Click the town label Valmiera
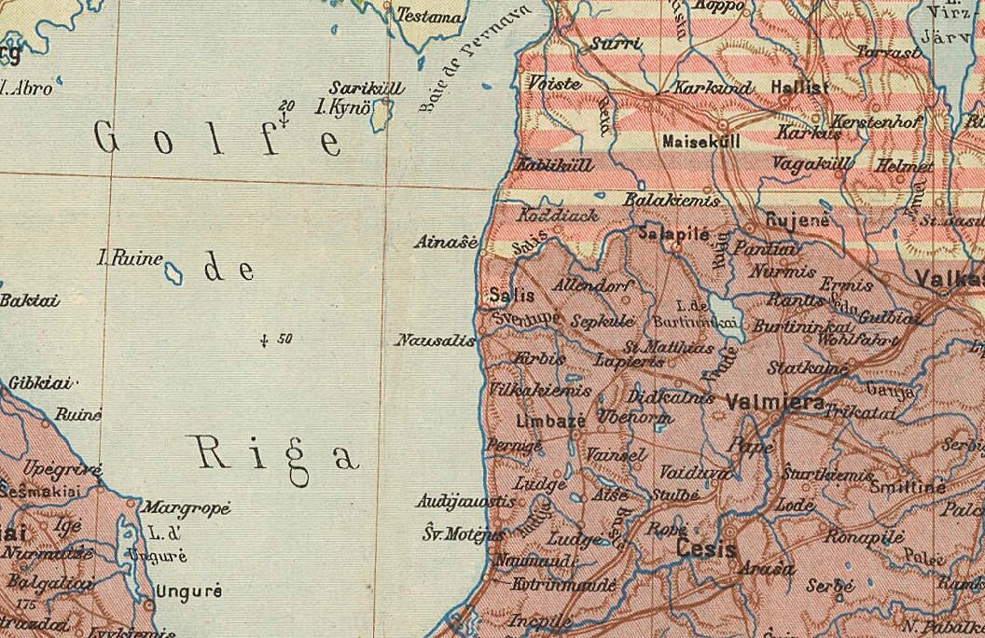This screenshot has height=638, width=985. click(x=773, y=403)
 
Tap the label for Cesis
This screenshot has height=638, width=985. click(x=707, y=548)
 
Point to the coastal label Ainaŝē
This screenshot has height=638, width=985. click(x=446, y=243)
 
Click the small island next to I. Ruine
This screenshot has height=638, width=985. click(x=173, y=272)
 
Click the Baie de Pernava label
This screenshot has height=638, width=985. click(x=473, y=58)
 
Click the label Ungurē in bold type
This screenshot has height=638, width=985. click(x=188, y=590)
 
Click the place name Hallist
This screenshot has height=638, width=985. click(x=799, y=88)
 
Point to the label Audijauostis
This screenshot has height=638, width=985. click(x=465, y=502)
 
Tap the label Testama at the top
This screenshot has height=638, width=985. click(x=430, y=16)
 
